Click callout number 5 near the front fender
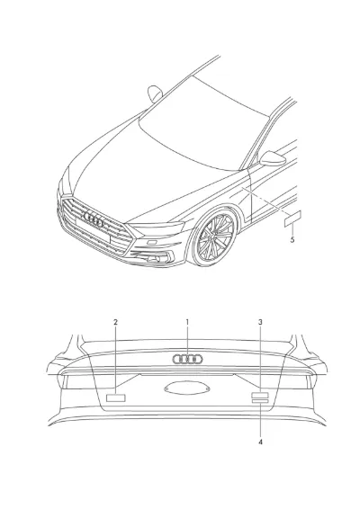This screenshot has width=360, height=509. [x=292, y=240]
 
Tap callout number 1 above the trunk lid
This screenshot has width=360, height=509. [x=187, y=322]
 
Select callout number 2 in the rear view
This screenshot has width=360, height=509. [x=116, y=322]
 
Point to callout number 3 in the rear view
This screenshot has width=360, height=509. [x=260, y=322]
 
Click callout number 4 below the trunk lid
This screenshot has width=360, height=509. [x=260, y=442]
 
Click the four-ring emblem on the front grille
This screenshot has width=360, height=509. [x=94, y=219]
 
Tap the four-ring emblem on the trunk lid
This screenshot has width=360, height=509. [x=187, y=359]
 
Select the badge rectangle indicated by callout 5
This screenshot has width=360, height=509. [x=292, y=219]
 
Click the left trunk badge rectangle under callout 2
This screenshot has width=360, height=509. [x=116, y=397]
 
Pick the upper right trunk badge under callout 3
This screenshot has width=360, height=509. [x=260, y=396]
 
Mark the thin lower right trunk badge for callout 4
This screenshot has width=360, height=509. [x=260, y=402]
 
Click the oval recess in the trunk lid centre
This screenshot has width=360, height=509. [x=187, y=388]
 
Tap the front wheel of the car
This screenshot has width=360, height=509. [x=214, y=238]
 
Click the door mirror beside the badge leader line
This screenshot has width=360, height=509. [x=273, y=158]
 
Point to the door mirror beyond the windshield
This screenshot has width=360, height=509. [x=155, y=94]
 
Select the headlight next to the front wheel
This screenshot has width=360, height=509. [x=158, y=228]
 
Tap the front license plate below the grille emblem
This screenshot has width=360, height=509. [x=93, y=229]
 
